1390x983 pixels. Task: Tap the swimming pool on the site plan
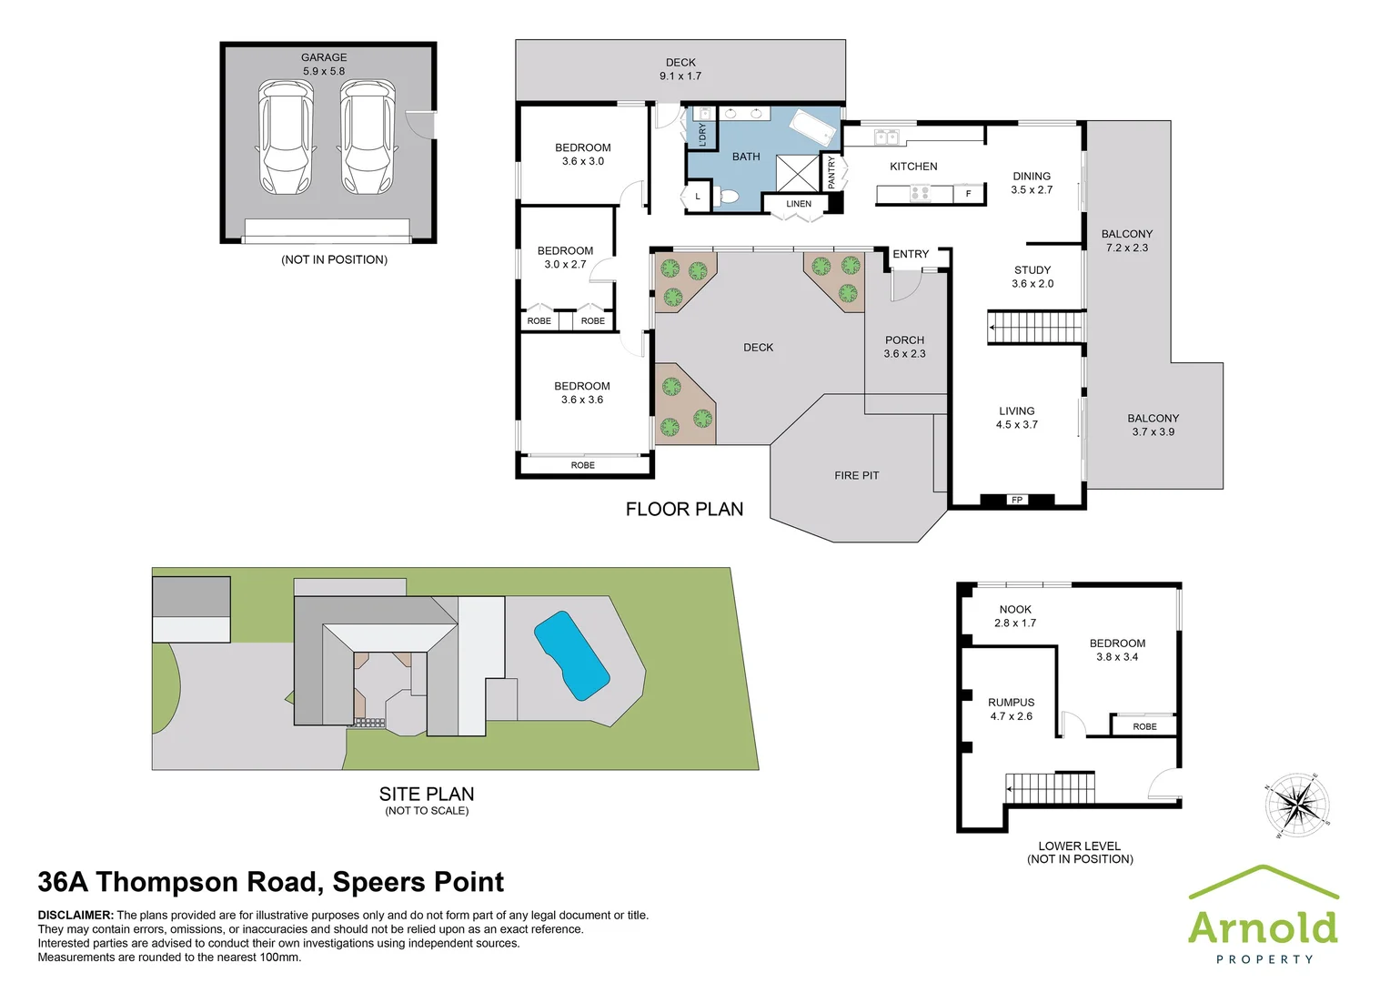tap(571, 654)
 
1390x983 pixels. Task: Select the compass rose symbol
tap(1296, 806)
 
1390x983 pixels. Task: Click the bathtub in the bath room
tap(812, 127)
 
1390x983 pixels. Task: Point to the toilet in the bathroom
tap(728, 196)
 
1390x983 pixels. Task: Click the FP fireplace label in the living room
tap(1017, 500)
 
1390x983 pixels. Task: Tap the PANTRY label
tap(831, 173)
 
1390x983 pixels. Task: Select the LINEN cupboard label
tap(799, 204)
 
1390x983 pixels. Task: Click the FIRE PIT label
tap(856, 475)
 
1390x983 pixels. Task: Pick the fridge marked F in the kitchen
tap(969, 194)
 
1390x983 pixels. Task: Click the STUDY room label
tap(1032, 270)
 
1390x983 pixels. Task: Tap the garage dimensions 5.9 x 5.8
tap(324, 71)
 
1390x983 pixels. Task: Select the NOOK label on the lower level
tap(1015, 610)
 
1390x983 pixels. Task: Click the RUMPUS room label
tap(1012, 703)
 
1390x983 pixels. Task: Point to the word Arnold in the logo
tap(1263, 927)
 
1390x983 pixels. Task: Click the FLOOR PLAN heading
tap(684, 510)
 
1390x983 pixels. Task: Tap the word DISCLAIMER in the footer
tap(76, 916)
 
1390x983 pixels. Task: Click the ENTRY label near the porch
tap(911, 254)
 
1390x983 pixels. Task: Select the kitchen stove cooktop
tap(920, 193)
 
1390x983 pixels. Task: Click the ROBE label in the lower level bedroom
tap(1144, 726)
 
